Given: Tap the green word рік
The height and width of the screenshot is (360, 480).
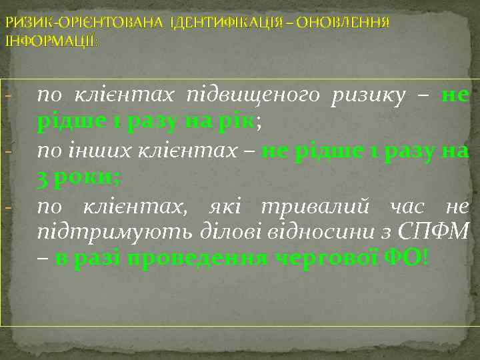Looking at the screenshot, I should [x=239, y=123].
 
